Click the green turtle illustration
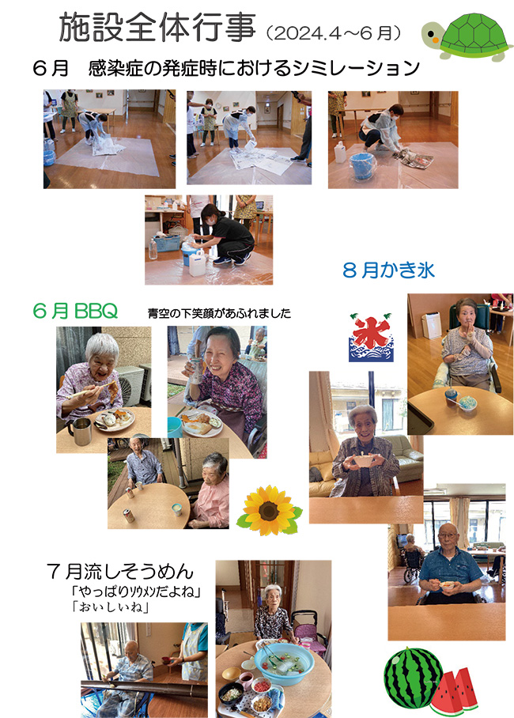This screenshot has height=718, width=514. [x=466, y=37]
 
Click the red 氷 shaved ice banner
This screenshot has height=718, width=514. [x=371, y=338]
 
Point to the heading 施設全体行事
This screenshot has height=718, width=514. [x=157, y=28]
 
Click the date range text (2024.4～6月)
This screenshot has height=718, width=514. [x=334, y=33]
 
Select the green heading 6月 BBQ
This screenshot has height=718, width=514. [x=75, y=311]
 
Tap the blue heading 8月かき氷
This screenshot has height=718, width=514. [x=388, y=270]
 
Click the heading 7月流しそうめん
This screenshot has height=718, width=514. [x=120, y=572]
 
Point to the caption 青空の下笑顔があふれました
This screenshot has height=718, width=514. [x=219, y=313]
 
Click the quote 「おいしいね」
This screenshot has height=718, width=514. [x=110, y=607]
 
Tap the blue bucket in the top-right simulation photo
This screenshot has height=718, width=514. [x=362, y=166]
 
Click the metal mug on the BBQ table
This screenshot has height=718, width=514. [x=81, y=431]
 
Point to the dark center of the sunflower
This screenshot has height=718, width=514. [x=269, y=511]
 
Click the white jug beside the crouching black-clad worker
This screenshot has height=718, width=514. [x=198, y=263]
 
